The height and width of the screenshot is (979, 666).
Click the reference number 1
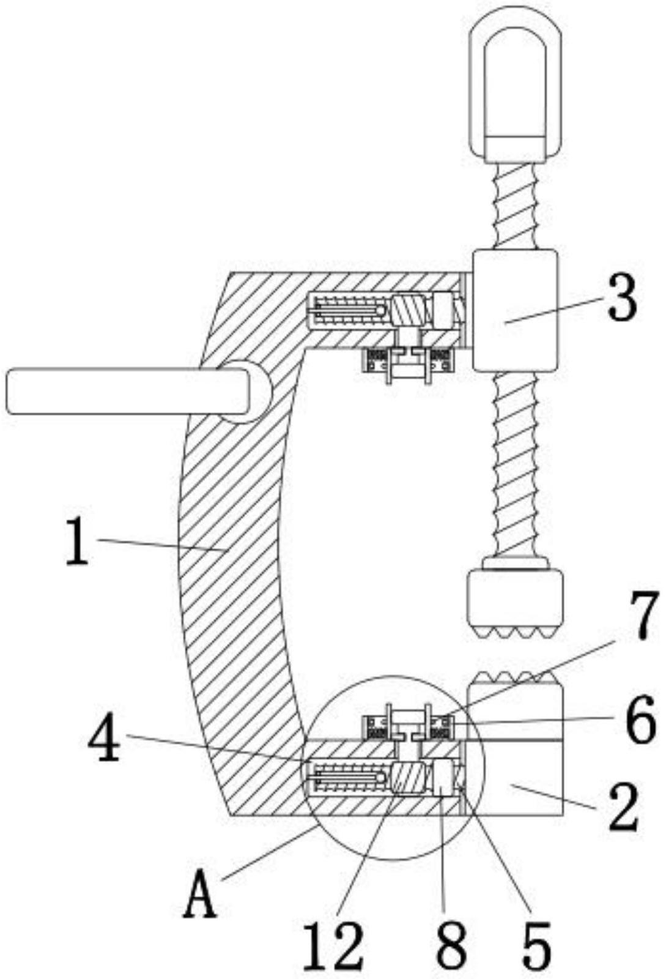(78, 542)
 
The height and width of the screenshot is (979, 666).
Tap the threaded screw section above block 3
(515, 206)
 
